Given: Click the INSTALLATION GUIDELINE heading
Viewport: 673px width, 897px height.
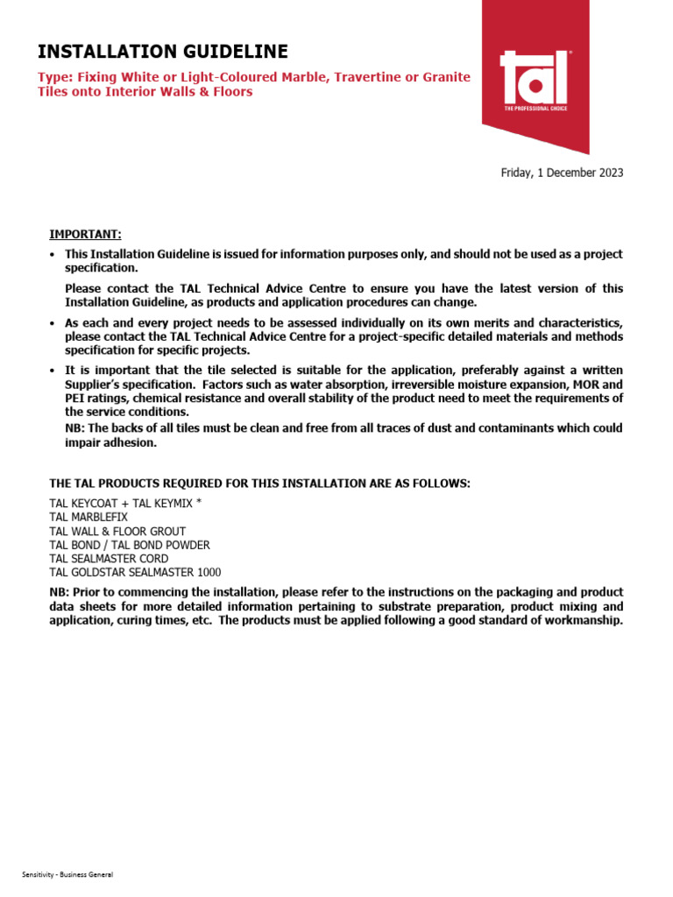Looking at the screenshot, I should click(162, 51).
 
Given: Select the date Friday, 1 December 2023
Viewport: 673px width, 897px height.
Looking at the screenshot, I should click(562, 173).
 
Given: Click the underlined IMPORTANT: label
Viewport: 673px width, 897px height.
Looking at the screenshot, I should click(85, 234).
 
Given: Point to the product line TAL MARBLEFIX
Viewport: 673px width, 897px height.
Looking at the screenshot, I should click(89, 518).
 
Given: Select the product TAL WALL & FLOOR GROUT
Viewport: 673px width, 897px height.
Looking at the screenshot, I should click(117, 531).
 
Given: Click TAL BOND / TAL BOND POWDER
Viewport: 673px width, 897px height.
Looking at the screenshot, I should click(130, 545).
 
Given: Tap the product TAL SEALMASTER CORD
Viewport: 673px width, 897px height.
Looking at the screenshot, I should click(109, 558).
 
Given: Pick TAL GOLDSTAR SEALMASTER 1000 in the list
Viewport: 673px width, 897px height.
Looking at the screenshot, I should click(135, 572).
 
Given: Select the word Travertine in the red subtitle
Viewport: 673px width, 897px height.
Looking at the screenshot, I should click(348, 77).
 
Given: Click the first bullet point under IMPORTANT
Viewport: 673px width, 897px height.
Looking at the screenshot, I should click(53, 255).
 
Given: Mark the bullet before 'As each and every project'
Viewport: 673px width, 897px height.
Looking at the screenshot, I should click(53, 323).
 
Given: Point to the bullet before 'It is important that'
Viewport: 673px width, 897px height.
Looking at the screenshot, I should click(53, 371).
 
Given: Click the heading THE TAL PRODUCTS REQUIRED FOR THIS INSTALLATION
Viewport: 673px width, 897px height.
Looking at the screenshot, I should click(259, 484).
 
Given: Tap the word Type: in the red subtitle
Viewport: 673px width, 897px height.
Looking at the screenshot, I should click(55, 77).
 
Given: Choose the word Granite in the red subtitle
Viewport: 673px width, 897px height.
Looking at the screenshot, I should click(447, 77).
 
